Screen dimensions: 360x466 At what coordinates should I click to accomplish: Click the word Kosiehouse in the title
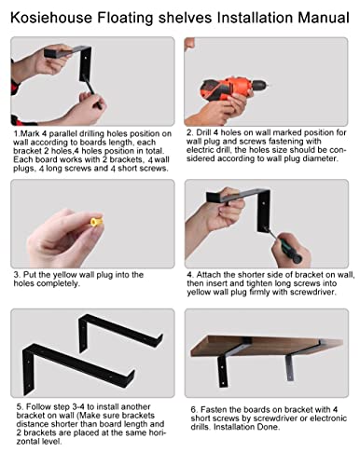pyautogui.click(x=51, y=18)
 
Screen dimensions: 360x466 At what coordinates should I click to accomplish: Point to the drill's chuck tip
pyautogui.click(x=267, y=85)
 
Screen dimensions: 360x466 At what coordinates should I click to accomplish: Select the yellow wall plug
pyautogui.click(x=97, y=221)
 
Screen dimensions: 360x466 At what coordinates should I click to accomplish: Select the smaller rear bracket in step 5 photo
pyautogui.click(x=118, y=330)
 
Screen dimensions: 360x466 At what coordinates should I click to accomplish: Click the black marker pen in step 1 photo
pyautogui.click(x=91, y=90)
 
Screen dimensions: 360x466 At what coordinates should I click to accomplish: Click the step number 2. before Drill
pyautogui.click(x=190, y=132)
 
